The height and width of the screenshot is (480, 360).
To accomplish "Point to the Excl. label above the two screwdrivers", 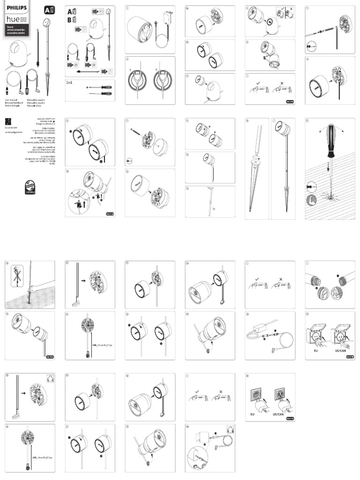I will pyautogui.click(x=71, y=82).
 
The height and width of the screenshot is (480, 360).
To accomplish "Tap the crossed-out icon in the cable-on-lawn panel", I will pyautogui.click(x=16, y=273).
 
